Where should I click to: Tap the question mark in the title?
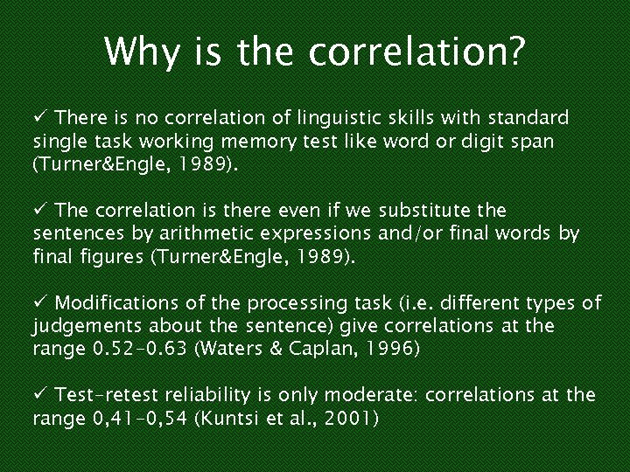click(x=517, y=52)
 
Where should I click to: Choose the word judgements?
click(x=81, y=327)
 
